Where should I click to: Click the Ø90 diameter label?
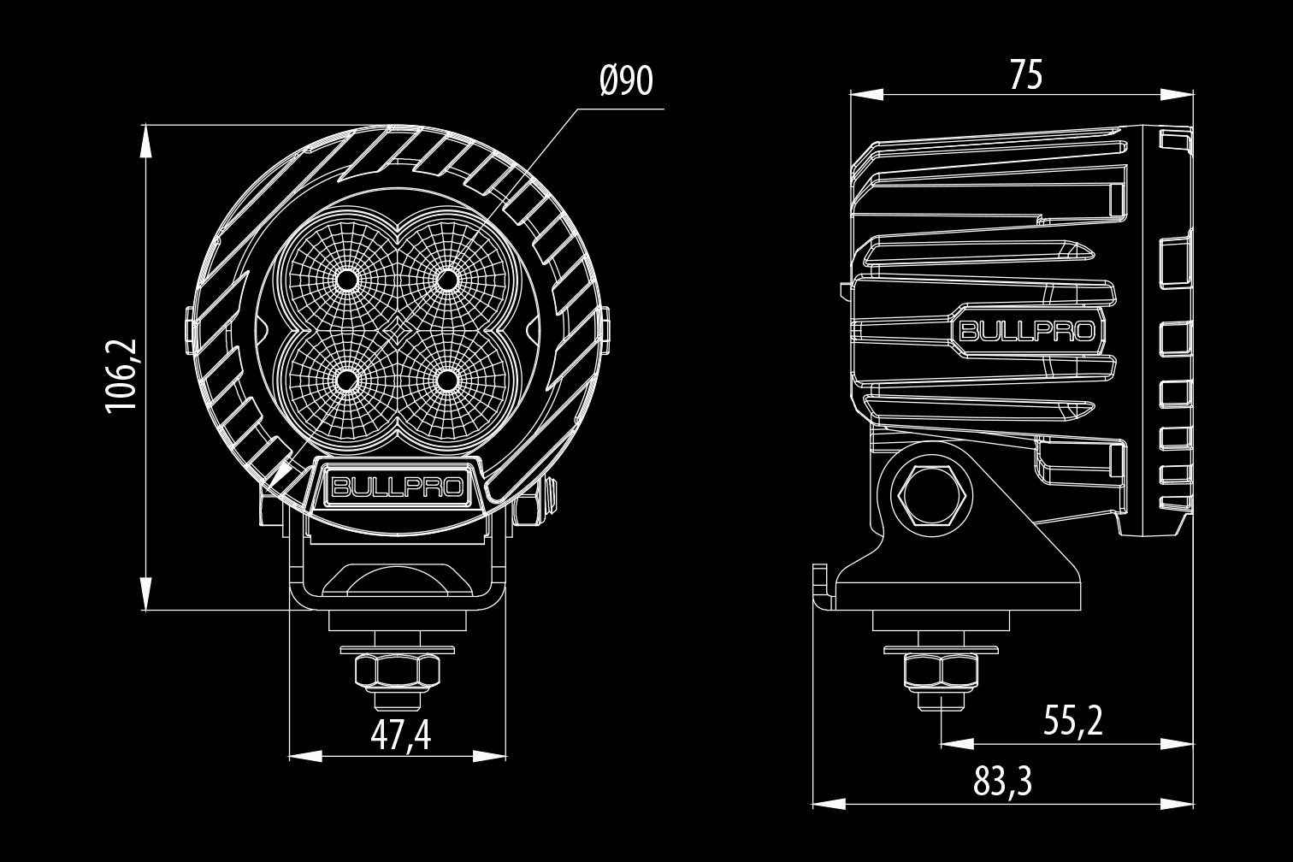626,81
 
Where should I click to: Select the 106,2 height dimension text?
121,375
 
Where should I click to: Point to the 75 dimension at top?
1027,74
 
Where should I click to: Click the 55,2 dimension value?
1073,721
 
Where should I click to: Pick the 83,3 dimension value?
1002,782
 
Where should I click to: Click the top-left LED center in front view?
347,280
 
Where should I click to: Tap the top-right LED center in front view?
447,280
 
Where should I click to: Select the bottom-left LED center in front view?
347,381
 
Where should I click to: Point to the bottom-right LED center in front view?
447,381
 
